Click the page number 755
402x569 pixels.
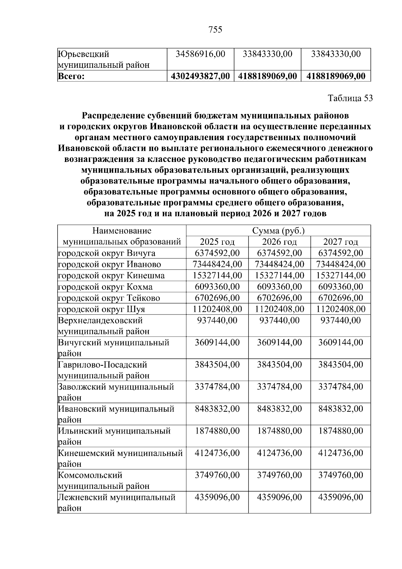[215, 30]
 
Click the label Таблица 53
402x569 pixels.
[350, 98]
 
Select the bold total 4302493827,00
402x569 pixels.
[200, 76]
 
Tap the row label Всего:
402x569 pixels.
[71, 76]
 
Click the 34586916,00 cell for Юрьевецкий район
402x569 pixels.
[200, 54]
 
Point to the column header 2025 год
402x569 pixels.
[217, 242]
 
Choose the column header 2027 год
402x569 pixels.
[340, 242]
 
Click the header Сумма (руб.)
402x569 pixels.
[278, 231]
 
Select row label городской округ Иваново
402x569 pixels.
[110, 264]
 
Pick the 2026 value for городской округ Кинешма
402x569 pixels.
[279, 276]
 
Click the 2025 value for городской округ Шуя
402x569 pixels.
[217, 309]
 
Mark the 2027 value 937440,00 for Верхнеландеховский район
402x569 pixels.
[340, 320]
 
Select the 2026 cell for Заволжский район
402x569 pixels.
[279, 387]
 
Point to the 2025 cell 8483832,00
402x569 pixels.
[217, 409]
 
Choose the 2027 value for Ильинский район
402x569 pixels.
[340, 431]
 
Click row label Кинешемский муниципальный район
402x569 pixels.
[120, 458]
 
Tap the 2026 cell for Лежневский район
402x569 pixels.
[279, 497]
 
